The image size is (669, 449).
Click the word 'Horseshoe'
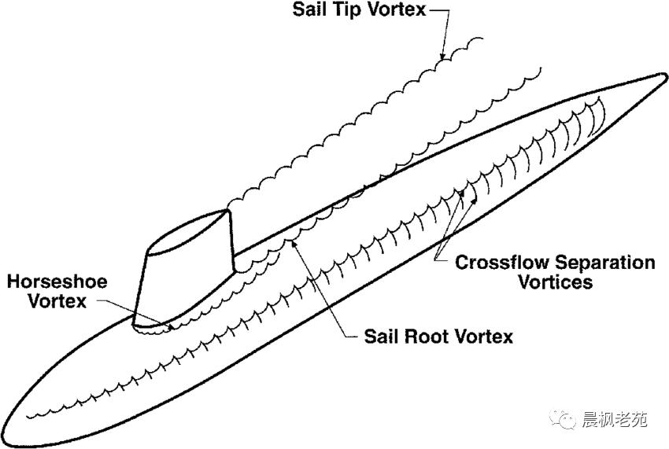56,282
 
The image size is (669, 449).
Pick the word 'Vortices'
555,282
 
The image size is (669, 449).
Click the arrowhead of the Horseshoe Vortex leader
172,322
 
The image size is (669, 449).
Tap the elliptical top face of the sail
189,236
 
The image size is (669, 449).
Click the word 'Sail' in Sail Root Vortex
383,337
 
